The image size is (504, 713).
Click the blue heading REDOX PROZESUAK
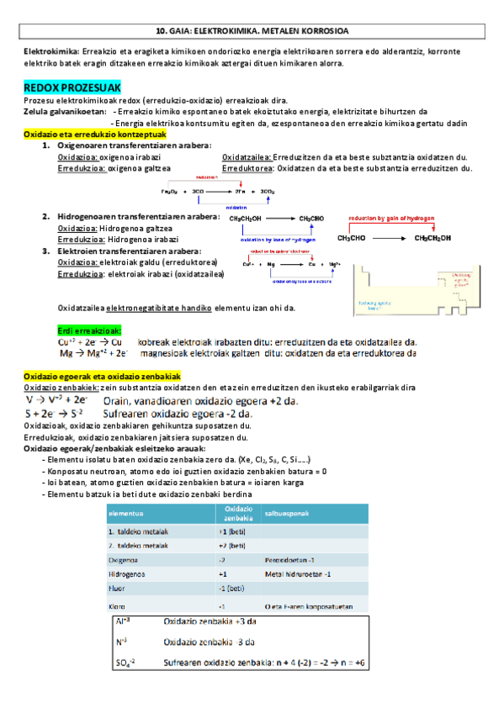(73, 87)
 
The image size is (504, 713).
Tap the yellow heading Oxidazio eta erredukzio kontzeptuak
(96, 134)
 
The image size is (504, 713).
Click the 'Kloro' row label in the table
(117, 606)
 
